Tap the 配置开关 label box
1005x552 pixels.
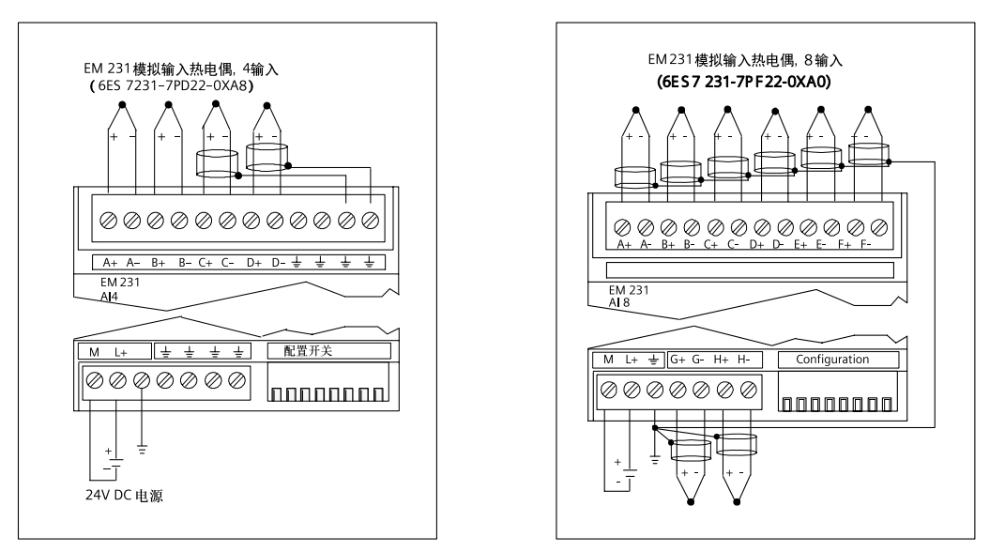pyautogui.click(x=328, y=351)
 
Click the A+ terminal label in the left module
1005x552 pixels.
pyautogui.click(x=109, y=263)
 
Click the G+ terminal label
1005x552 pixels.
pyautogui.click(x=678, y=360)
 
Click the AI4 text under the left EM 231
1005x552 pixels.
pyautogui.click(x=110, y=293)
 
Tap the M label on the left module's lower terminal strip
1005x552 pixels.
pyautogui.click(x=92, y=351)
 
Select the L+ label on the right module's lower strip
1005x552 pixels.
pyautogui.click(x=631, y=360)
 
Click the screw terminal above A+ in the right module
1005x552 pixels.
pyautogui.click(x=622, y=226)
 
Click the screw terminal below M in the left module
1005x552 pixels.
pyautogui.click(x=94, y=379)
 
